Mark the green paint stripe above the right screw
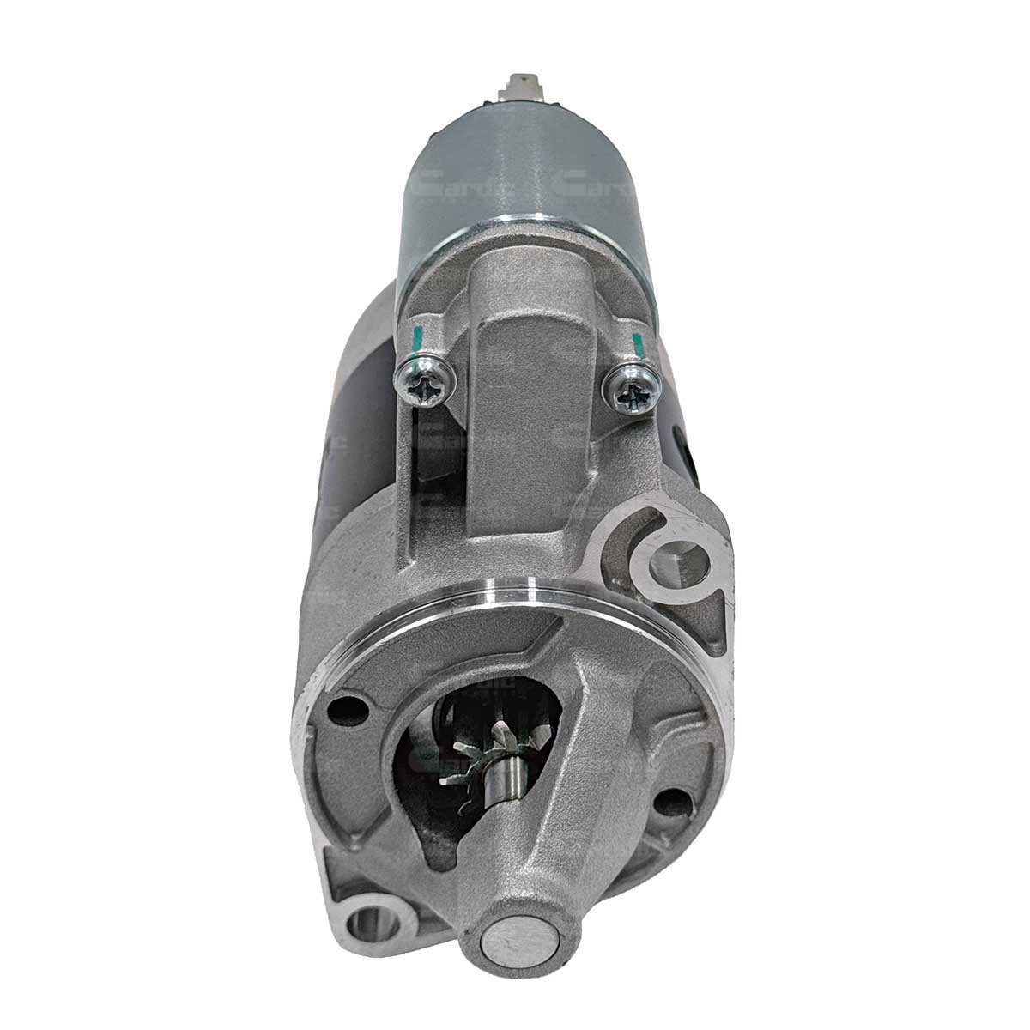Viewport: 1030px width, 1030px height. [x=637, y=345]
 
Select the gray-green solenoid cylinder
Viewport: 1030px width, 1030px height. [x=532, y=172]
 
